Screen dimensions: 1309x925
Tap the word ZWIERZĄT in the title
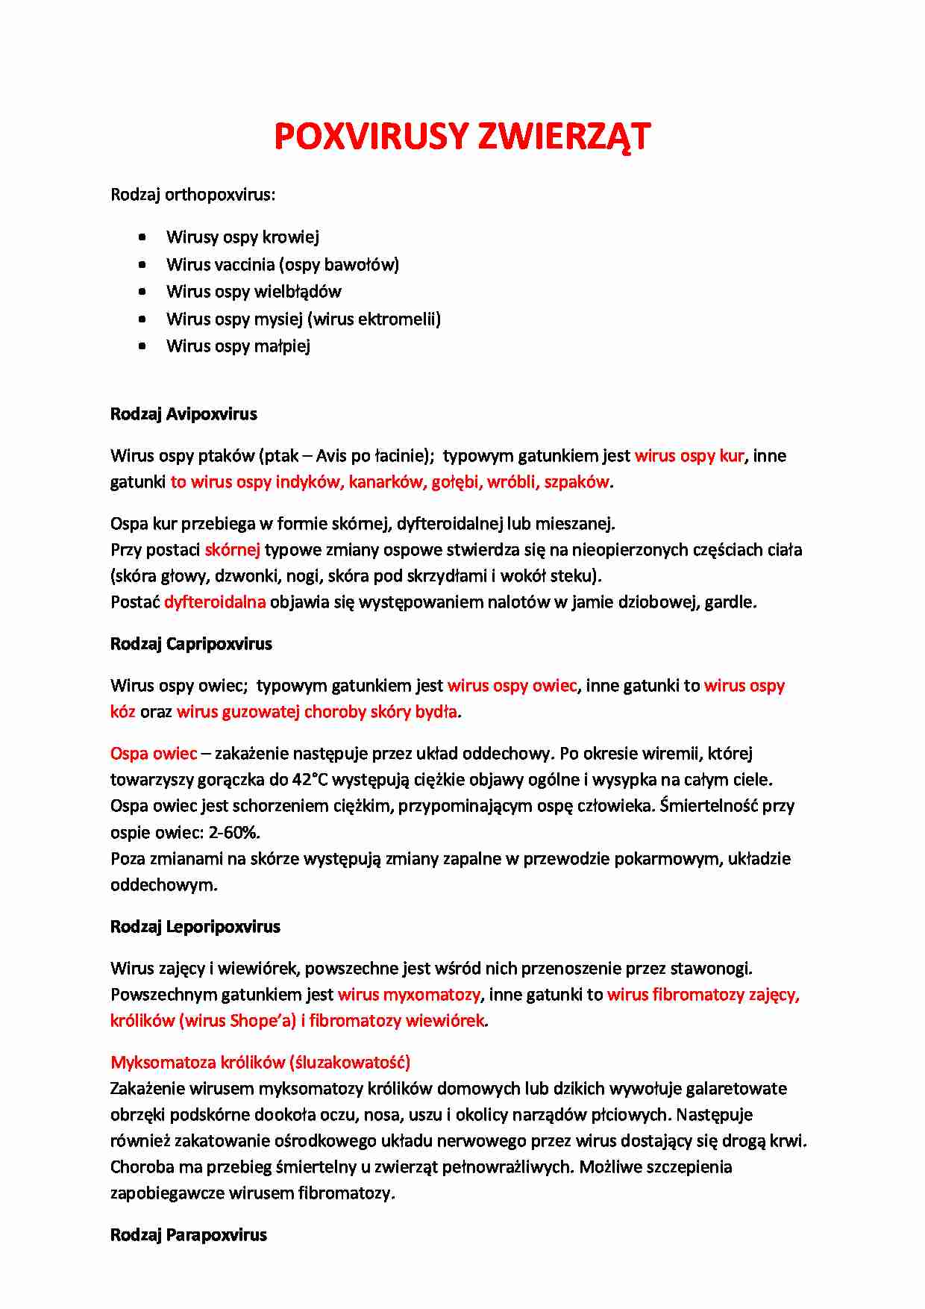pyautogui.click(x=564, y=137)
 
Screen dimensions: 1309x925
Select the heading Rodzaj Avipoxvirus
pyautogui.click(x=184, y=414)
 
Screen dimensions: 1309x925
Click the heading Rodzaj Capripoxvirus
pyautogui.click(x=191, y=644)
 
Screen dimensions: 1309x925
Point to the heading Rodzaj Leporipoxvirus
pyautogui.click(x=195, y=927)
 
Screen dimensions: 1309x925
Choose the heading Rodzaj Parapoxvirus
pyautogui.click(x=189, y=1235)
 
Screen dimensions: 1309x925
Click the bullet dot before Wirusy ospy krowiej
pyautogui.click(x=142, y=237)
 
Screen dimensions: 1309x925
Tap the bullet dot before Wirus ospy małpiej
pyautogui.click(x=142, y=346)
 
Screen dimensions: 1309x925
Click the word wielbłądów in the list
pyautogui.click(x=298, y=292)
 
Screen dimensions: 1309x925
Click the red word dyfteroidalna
pyautogui.click(x=215, y=602)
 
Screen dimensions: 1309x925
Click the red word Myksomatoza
pyautogui.click(x=163, y=1063)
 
